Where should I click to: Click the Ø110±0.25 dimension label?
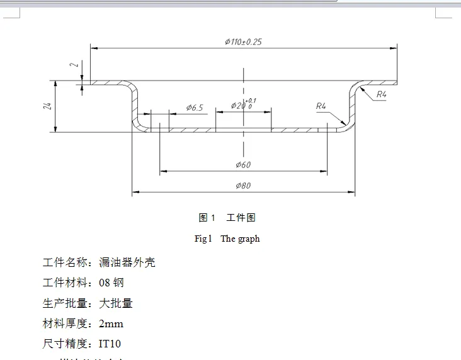[243, 42]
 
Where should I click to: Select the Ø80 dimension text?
[243, 186]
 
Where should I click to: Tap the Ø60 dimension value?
[243, 165]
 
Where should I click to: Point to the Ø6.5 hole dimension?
[195, 108]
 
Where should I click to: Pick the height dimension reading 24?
[47, 106]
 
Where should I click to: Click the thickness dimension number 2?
[73, 65]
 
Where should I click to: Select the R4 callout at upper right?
[381, 95]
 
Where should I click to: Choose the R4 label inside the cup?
[321, 106]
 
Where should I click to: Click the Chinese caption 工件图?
[241, 218]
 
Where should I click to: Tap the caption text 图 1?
[207, 218]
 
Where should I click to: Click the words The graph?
[240, 239]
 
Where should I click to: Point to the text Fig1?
[203, 239]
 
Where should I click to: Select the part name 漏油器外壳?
[127, 262]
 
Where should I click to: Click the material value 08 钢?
[111, 283]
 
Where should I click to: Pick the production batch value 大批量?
[116, 303]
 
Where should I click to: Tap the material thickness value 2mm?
[111, 324]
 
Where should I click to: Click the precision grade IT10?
[110, 344]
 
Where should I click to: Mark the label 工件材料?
[65, 283]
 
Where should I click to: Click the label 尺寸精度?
[65, 344]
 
